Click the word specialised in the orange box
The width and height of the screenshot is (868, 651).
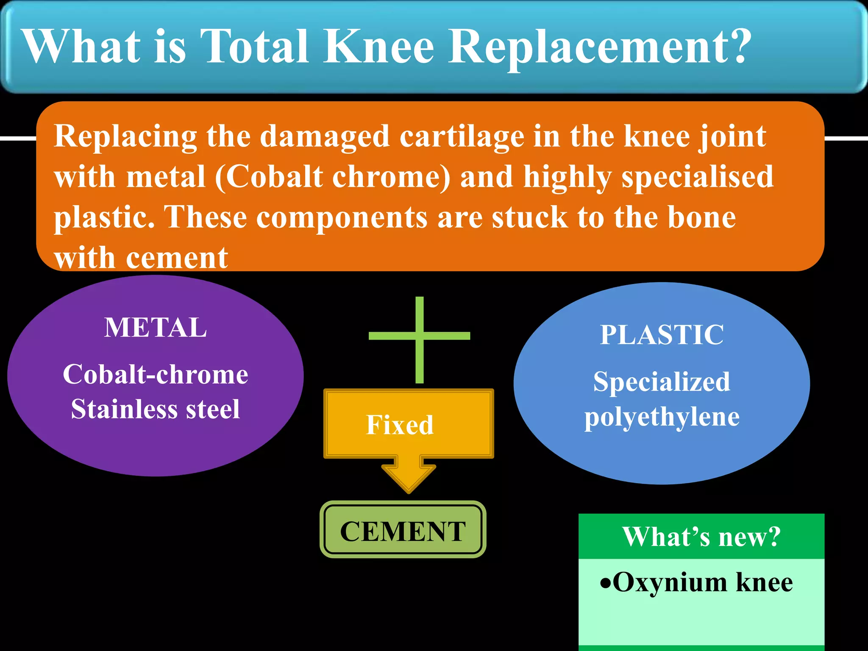(698, 177)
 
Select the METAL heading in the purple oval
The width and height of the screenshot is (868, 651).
(156, 328)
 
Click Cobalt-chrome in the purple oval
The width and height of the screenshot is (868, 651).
(156, 374)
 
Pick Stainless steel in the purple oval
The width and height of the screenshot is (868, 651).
(156, 409)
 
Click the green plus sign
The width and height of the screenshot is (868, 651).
(419, 336)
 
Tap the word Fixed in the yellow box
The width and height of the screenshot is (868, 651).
(400, 425)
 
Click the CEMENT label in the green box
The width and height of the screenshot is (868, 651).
(403, 531)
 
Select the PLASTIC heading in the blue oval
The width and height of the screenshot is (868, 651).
(662, 335)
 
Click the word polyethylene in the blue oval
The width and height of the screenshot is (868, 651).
(662, 417)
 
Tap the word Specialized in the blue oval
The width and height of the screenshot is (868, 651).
(662, 381)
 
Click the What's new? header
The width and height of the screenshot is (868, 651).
(701, 537)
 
